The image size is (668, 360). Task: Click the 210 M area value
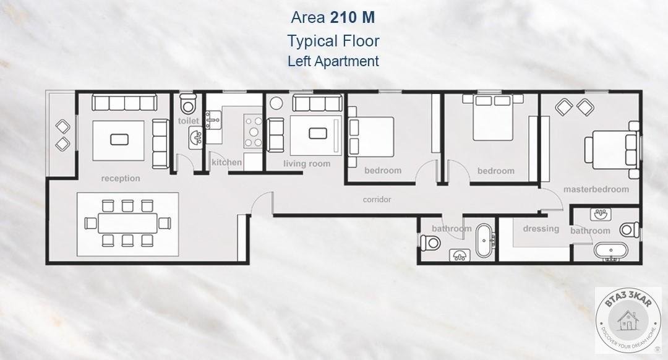(x=353, y=17)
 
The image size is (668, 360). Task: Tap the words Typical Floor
(x=333, y=41)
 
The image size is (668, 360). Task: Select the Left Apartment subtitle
(x=333, y=61)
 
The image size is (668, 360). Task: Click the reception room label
(x=121, y=178)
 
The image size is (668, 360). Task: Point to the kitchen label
(x=226, y=162)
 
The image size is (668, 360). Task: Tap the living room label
(x=307, y=163)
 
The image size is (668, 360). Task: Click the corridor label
(x=377, y=199)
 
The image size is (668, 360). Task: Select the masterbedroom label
(x=596, y=189)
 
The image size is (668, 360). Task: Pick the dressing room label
(x=541, y=229)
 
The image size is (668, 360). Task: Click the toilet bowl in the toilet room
(x=188, y=103)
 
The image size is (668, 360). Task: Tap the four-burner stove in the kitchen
(x=253, y=131)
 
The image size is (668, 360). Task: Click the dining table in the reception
(x=127, y=223)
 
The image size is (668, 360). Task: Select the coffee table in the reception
(x=119, y=139)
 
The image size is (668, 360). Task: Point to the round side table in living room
(x=276, y=103)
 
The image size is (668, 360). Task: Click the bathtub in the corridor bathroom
(x=484, y=240)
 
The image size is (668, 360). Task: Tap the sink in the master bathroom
(x=601, y=214)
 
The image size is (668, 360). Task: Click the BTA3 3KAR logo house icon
(x=628, y=321)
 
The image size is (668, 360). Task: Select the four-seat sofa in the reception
(x=124, y=103)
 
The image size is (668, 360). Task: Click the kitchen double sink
(x=213, y=120)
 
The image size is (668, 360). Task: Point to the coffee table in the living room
(x=317, y=134)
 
